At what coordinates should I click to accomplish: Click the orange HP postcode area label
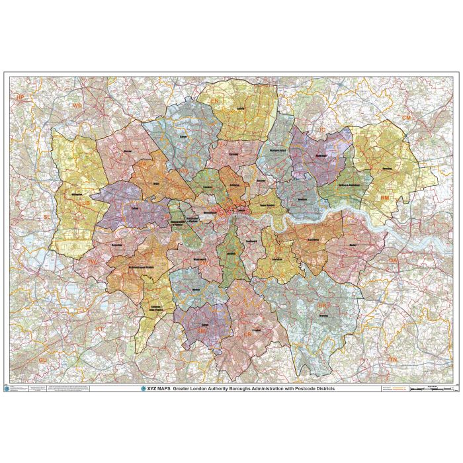(x=20, y=97)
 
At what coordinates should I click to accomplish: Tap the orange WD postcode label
(x=78, y=105)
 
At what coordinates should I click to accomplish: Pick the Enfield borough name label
(x=240, y=107)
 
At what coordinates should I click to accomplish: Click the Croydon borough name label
(x=256, y=329)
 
